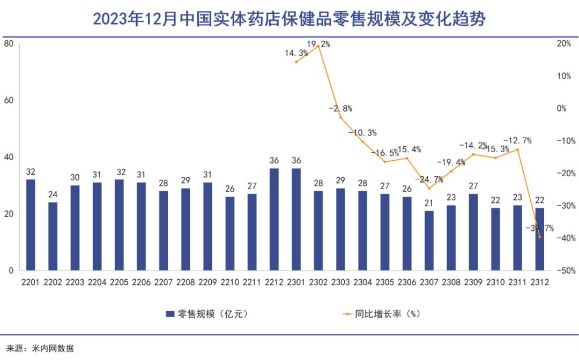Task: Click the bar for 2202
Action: click(53, 236)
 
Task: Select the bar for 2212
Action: click(274, 220)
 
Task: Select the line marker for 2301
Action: click(296, 62)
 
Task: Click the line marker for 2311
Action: click(518, 149)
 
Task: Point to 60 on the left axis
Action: click(9, 100)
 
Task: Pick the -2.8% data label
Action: click(340, 108)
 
